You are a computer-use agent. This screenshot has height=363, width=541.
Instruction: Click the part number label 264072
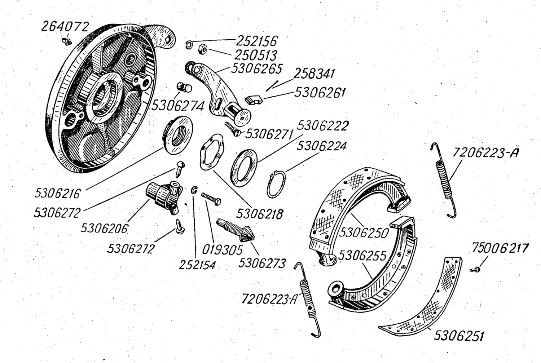point(65,26)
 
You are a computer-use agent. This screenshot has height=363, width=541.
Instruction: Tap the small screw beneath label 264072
point(67,41)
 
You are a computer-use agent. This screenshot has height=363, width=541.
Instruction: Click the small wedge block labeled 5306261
point(254,99)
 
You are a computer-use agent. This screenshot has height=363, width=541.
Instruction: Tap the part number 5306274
point(178,106)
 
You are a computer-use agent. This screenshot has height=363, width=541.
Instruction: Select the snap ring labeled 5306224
point(277,184)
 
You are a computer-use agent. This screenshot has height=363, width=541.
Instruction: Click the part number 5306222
point(323,126)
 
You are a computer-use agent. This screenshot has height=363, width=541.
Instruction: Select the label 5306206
point(104,228)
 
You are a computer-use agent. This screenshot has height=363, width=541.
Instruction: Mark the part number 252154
point(198,265)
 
